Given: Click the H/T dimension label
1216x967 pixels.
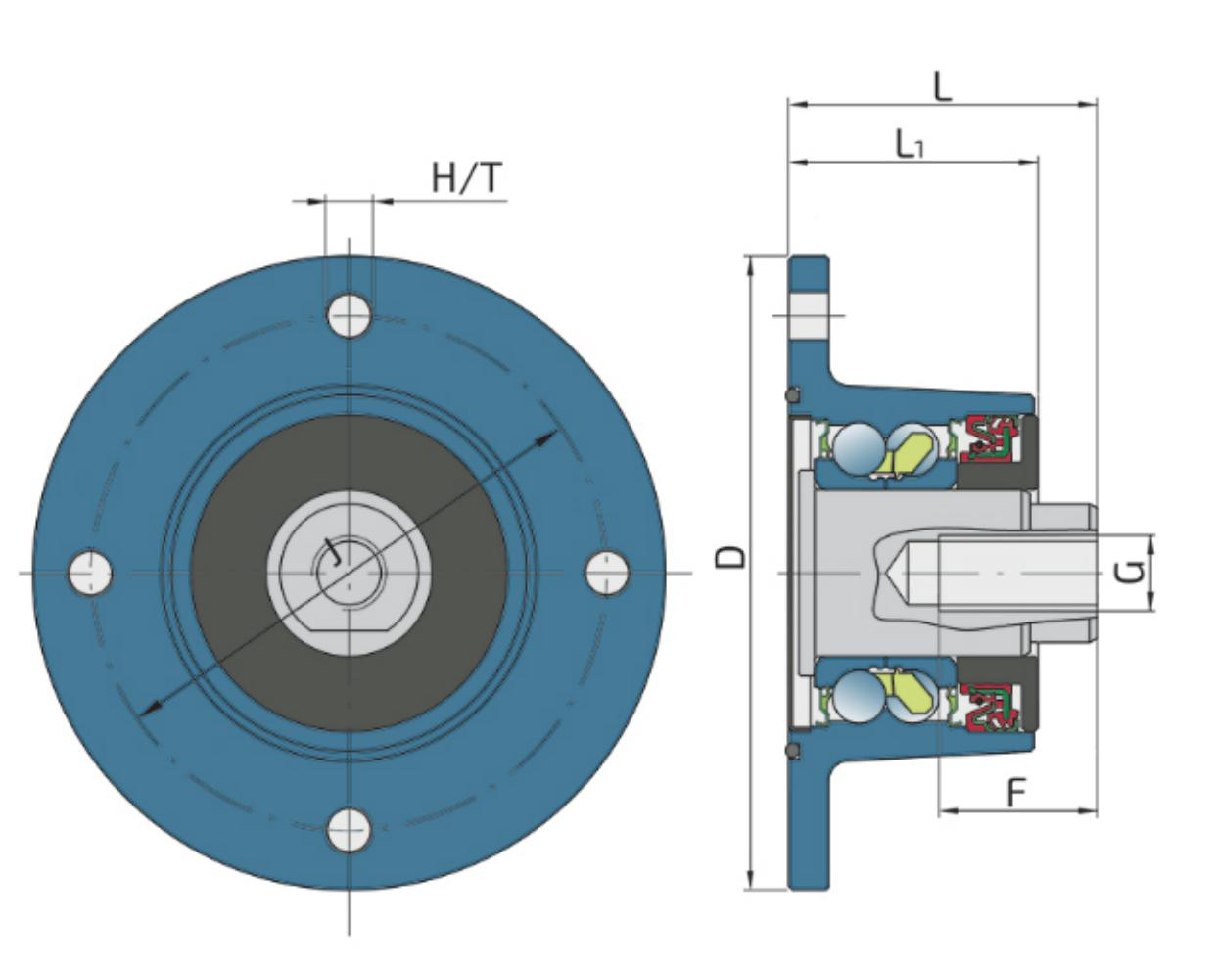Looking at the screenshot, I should click(x=467, y=178).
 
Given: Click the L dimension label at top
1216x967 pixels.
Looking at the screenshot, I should click(x=942, y=87).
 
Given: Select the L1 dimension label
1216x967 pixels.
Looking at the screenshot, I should click(x=910, y=145).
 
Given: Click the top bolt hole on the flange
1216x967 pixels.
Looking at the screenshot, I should click(x=349, y=315).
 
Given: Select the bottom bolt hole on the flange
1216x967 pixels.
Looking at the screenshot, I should click(x=349, y=830).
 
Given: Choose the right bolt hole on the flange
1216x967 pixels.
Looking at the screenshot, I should click(x=607, y=573).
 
